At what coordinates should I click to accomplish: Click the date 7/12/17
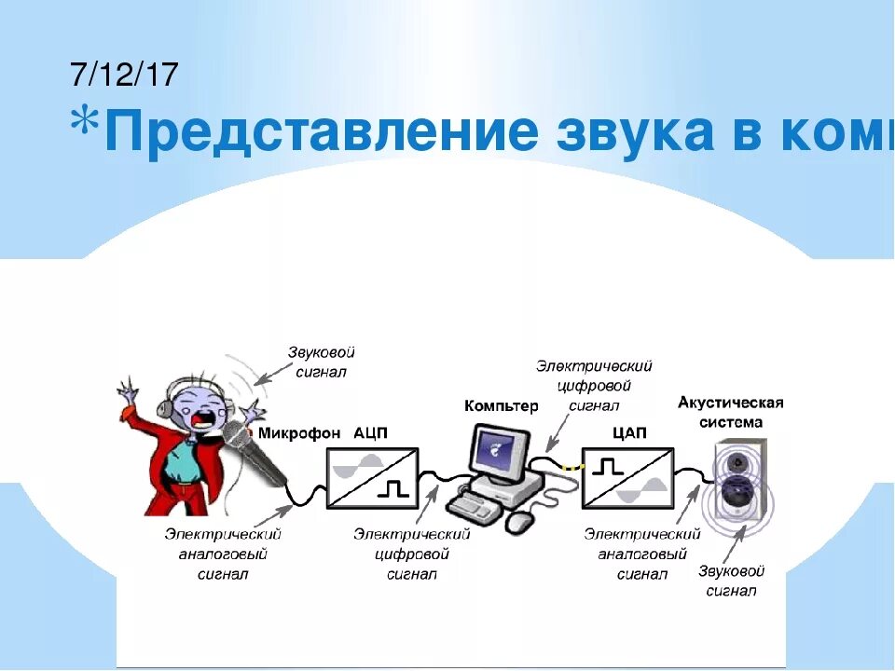[x=123, y=75]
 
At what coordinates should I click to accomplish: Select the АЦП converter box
[x=372, y=477]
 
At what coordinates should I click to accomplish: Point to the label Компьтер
[x=501, y=406]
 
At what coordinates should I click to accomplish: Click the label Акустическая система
[x=731, y=412]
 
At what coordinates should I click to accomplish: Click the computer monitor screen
[x=499, y=452]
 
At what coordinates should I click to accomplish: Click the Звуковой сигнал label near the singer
[x=320, y=363]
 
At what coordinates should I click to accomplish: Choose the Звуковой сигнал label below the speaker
[x=731, y=581]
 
